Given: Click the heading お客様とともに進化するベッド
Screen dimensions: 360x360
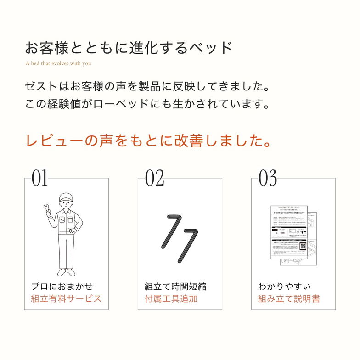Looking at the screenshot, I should [x=129, y=48].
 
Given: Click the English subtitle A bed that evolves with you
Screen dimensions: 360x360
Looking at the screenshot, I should [x=58, y=64].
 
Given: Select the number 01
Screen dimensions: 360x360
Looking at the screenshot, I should [x=39, y=179].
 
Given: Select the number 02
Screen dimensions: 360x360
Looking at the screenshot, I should [x=154, y=179].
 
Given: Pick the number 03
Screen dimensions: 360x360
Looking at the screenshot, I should [x=268, y=179].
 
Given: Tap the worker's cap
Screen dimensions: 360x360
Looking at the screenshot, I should [x=66, y=198].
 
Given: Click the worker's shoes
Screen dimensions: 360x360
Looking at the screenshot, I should [x=65, y=272].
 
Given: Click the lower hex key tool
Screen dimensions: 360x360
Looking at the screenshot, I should [x=186, y=244].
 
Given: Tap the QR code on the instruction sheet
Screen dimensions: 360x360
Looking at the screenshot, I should [x=303, y=246].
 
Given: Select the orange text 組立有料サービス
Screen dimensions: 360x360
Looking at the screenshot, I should [x=66, y=298].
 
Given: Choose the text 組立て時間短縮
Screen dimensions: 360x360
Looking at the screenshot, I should [x=175, y=287].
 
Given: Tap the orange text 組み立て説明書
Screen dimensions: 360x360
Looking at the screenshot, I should [x=289, y=298].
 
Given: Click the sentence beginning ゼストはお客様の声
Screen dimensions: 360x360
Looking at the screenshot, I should [x=147, y=86].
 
